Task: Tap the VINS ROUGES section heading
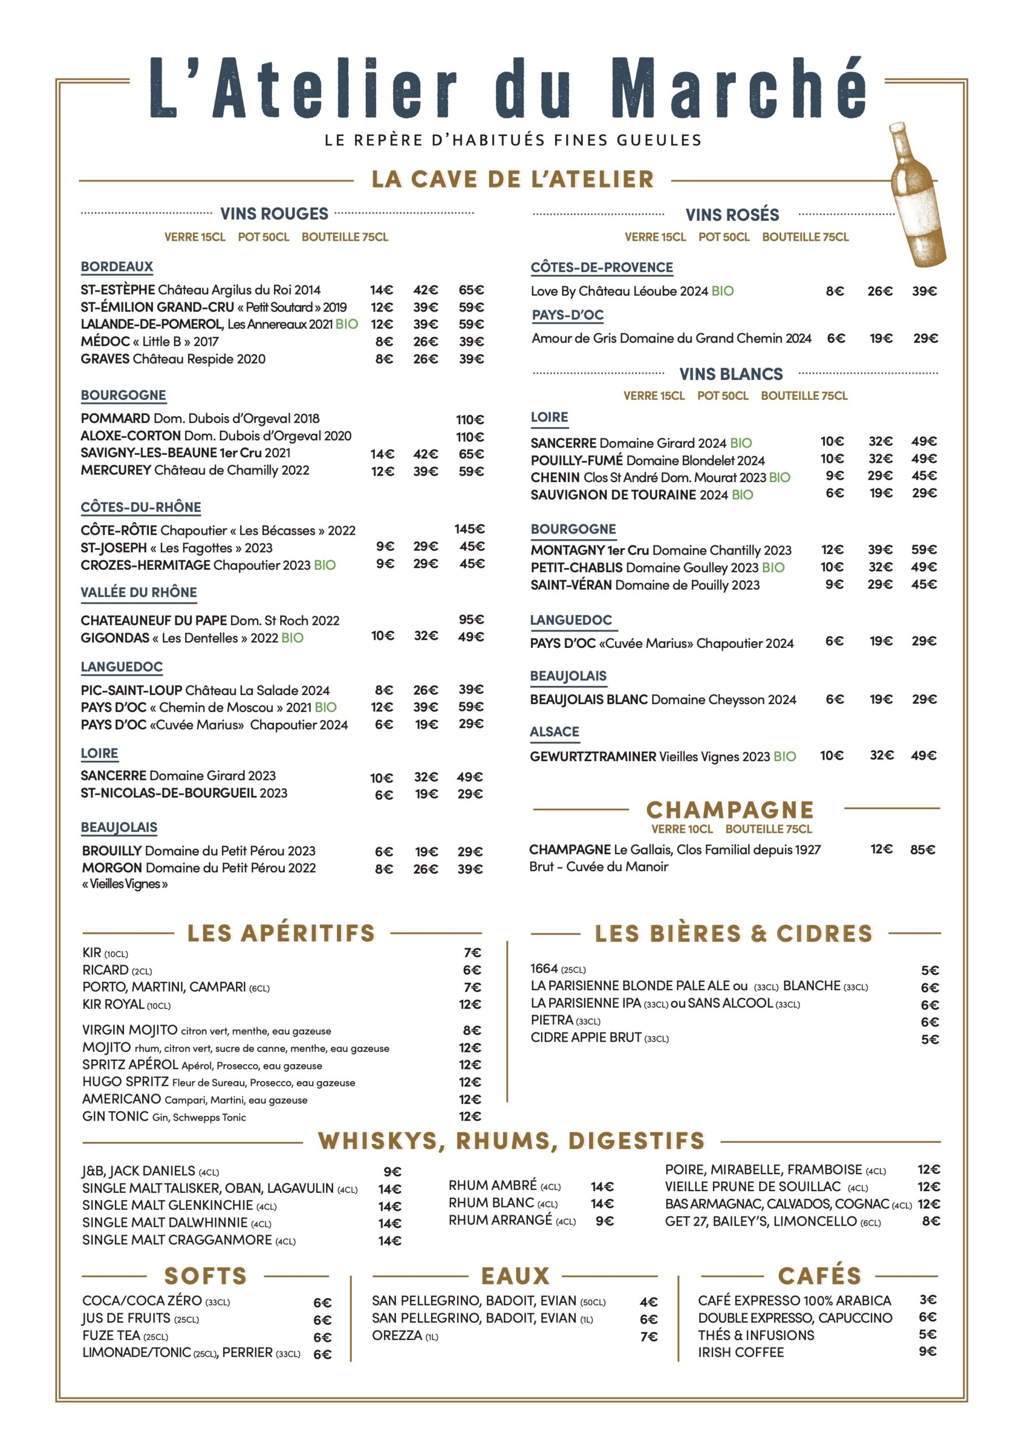click(x=274, y=214)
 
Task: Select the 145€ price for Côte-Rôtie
click(x=469, y=528)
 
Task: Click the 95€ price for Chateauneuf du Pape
click(x=471, y=620)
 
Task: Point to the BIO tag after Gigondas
click(x=292, y=638)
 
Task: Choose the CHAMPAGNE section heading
click(x=730, y=809)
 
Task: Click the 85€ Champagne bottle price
click(x=922, y=850)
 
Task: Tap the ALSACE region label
click(x=554, y=731)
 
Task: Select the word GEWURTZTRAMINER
click(x=593, y=756)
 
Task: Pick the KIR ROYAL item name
click(x=114, y=1004)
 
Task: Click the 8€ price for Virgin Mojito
click(x=472, y=1030)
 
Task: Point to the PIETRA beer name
click(x=552, y=1020)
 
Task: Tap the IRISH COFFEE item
click(x=741, y=1352)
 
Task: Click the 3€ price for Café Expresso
click(x=927, y=1299)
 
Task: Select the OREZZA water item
click(x=396, y=1335)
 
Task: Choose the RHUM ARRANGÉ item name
click(x=500, y=1220)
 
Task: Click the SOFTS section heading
click(x=205, y=1276)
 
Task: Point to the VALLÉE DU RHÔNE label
click(x=139, y=592)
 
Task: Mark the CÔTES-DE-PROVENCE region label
click(x=601, y=267)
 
